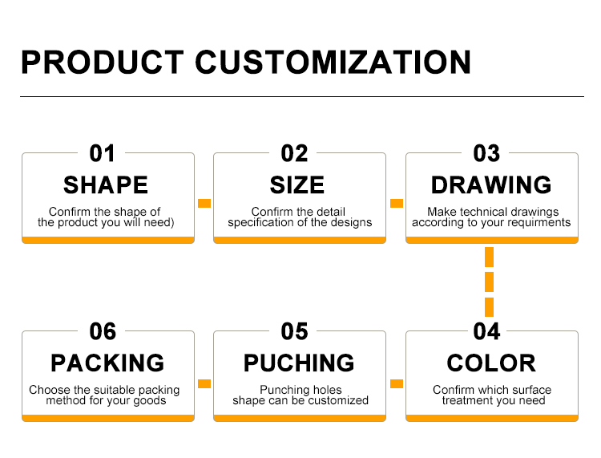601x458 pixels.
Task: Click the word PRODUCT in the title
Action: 103,62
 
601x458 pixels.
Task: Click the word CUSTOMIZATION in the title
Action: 333,62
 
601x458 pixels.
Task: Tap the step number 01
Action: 102,153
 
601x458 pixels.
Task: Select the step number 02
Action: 294,153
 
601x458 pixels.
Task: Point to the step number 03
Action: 486,153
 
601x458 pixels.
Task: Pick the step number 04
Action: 486,331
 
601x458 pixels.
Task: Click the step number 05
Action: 294,331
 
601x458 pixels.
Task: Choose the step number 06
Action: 103,331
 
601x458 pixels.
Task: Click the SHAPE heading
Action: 106,185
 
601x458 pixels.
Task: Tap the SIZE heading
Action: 297,185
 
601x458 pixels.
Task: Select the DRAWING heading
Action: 491,185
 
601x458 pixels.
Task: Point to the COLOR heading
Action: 491,363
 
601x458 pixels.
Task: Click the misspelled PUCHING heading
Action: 299,363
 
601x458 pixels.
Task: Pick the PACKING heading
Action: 107,363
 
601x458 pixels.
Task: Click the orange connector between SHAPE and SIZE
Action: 204,203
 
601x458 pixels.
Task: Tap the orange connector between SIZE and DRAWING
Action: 397,203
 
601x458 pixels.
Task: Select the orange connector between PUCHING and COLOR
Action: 397,383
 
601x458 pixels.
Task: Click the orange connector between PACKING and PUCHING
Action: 204,383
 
